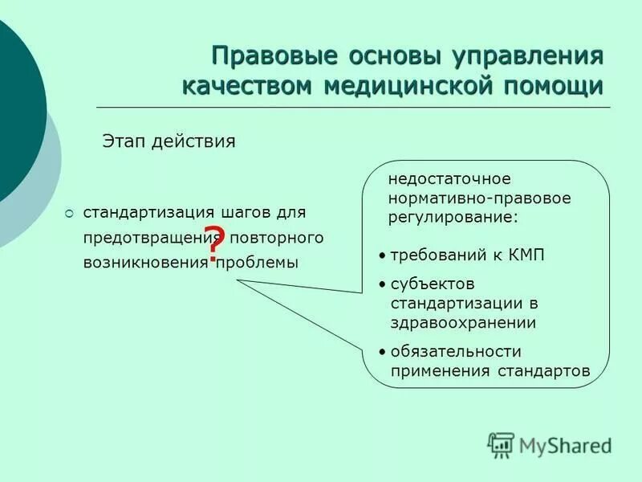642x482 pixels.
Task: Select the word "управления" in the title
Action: (x=530, y=58)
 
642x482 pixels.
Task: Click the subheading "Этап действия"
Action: (x=168, y=141)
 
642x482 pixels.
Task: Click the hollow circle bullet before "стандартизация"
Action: (x=69, y=214)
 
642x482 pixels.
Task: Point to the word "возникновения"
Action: (x=144, y=263)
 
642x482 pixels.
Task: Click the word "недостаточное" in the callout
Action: (x=449, y=178)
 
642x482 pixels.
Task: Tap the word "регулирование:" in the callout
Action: (x=453, y=218)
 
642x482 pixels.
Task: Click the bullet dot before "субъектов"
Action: (x=383, y=284)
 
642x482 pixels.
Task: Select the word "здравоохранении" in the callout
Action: (x=463, y=322)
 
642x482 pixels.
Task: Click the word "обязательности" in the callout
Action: (x=456, y=352)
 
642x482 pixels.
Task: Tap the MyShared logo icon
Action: (x=501, y=444)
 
